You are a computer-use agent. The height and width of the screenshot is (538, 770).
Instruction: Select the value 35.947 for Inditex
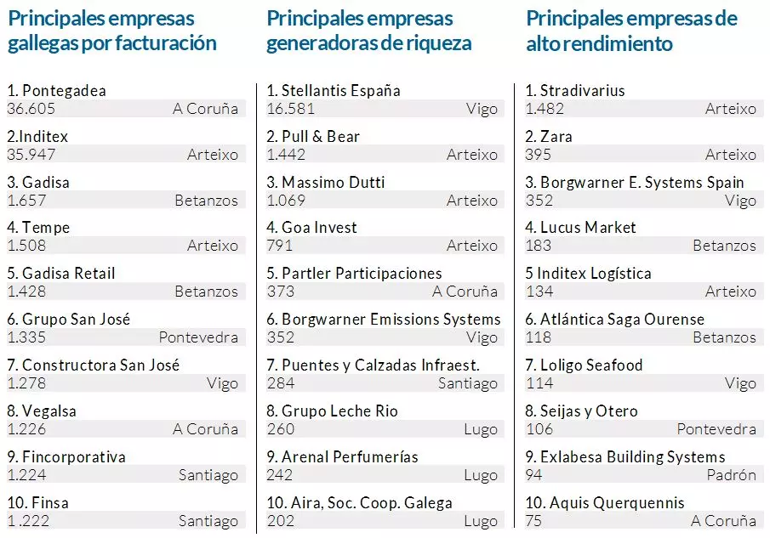point(26,155)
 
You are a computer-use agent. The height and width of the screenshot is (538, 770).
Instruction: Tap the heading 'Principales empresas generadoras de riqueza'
point(368,31)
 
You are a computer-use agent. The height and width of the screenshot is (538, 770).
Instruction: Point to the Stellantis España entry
point(333,91)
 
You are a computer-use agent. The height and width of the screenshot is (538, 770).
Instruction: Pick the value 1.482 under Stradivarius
point(545,109)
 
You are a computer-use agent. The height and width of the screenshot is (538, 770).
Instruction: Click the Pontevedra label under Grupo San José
point(198,337)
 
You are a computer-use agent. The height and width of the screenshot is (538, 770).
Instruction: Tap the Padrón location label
point(731,474)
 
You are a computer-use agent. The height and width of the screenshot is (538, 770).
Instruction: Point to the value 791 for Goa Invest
point(279,246)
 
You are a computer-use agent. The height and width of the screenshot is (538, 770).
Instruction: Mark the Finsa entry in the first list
point(37,503)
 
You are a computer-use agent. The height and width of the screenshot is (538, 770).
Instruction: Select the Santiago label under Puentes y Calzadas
point(468,383)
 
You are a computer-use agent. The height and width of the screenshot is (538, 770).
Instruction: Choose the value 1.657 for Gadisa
point(26,201)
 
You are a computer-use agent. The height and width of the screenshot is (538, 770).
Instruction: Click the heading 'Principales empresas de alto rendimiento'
point(631,31)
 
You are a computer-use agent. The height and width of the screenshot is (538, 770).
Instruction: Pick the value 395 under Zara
point(538,155)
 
